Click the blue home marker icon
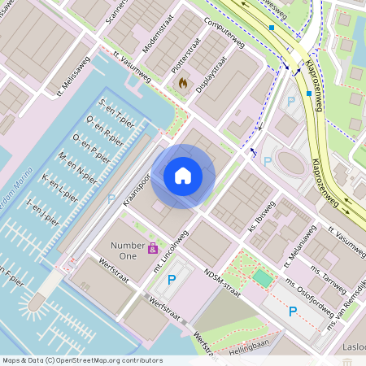coord(183,176)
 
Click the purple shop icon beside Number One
coord(152,248)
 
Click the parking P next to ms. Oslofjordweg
coord(293,312)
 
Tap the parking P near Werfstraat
coord(171,280)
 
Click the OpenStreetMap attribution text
coord(72,359)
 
